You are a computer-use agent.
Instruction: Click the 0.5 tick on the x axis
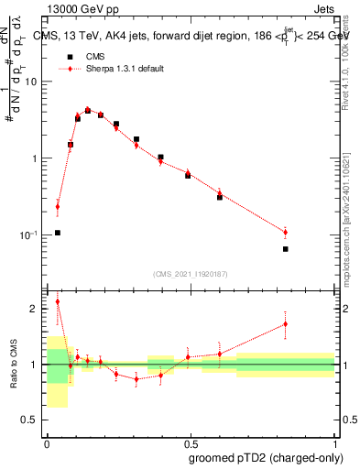click(x=191, y=441)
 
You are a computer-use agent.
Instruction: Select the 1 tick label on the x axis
click(x=333, y=441)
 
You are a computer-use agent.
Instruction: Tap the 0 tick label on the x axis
click(x=47, y=441)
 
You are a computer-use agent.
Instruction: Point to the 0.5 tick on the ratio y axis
click(x=30, y=420)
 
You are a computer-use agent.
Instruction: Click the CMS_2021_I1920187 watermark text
click(x=191, y=274)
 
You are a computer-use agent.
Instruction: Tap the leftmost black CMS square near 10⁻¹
click(x=57, y=233)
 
